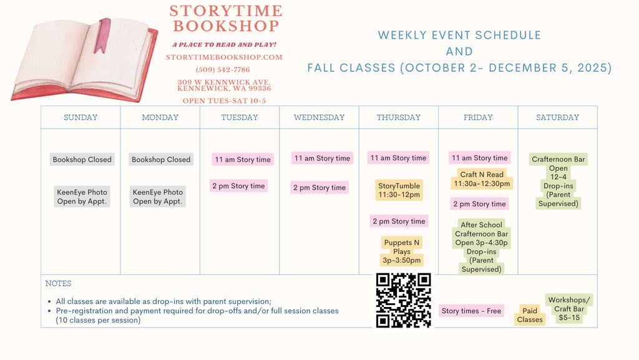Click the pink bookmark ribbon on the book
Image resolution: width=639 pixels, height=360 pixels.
pyautogui.click(x=102, y=36)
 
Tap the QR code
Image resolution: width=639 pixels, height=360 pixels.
pyautogui.click(x=404, y=301)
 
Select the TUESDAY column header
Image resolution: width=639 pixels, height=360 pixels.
pyautogui.click(x=240, y=117)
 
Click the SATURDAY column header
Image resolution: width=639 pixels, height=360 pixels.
pyautogui.click(x=557, y=117)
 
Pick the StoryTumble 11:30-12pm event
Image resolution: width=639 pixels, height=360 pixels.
pyautogui.click(x=399, y=190)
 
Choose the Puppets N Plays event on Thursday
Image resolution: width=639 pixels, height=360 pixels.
pyautogui.click(x=401, y=251)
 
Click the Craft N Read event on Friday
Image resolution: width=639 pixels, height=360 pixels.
pyautogui.click(x=482, y=179)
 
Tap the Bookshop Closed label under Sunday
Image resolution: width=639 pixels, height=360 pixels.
pyautogui.click(x=82, y=160)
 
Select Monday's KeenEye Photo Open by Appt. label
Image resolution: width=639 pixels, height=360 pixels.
pyautogui.click(x=158, y=197)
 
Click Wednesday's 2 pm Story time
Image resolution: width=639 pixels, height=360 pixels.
pyautogui.click(x=319, y=188)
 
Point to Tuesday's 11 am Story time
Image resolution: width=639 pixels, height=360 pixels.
pyautogui.click(x=243, y=160)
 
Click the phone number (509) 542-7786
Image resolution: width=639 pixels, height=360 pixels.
pyautogui.click(x=223, y=70)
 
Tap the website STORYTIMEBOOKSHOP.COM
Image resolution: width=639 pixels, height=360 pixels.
pyautogui.click(x=224, y=57)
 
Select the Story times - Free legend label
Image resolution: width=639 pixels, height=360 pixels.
pyautogui.click(x=472, y=311)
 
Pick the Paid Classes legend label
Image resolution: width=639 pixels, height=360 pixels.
pyautogui.click(x=530, y=315)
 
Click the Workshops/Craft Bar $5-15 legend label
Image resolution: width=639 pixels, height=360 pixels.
pyautogui.click(x=569, y=309)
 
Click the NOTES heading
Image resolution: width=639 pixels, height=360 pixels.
pyautogui.click(x=58, y=283)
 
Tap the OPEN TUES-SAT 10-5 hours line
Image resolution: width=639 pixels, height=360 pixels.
pyautogui.click(x=224, y=101)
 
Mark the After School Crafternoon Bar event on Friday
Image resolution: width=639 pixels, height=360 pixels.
pyautogui.click(x=481, y=247)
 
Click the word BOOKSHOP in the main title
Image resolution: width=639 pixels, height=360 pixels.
pyautogui.click(x=226, y=26)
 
